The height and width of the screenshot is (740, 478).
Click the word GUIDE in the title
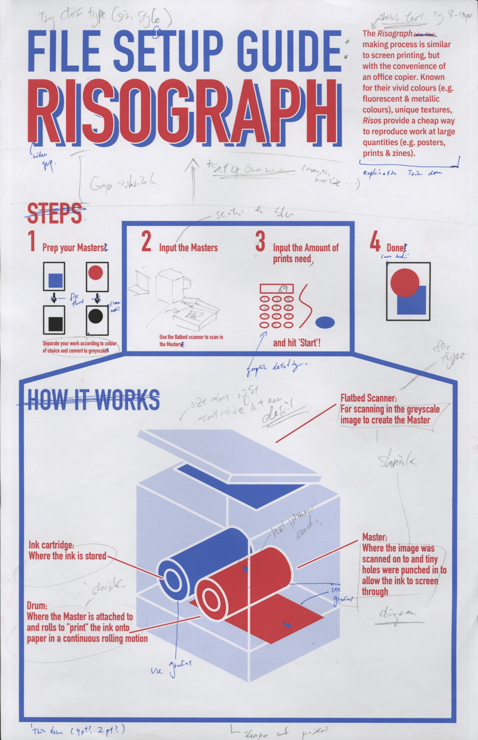point(289,51)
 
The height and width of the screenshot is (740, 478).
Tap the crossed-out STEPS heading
point(55,213)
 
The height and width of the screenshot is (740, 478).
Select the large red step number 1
point(32,241)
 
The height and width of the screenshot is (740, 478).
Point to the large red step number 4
point(375,241)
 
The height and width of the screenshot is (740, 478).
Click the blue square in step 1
point(55,280)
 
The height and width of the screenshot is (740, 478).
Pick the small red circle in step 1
point(95,273)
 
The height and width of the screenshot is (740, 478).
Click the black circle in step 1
point(95,316)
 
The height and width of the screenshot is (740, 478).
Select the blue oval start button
point(325,322)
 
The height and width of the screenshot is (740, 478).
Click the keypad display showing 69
point(277,289)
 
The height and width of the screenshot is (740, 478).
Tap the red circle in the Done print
point(404,282)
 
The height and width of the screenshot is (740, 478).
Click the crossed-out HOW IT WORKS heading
point(93,400)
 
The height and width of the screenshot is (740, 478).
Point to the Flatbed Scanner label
point(368,398)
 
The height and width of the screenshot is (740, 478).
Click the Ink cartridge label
point(51,545)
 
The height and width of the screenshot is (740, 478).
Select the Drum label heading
point(37,606)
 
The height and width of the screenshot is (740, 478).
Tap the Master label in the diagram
point(374,537)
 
